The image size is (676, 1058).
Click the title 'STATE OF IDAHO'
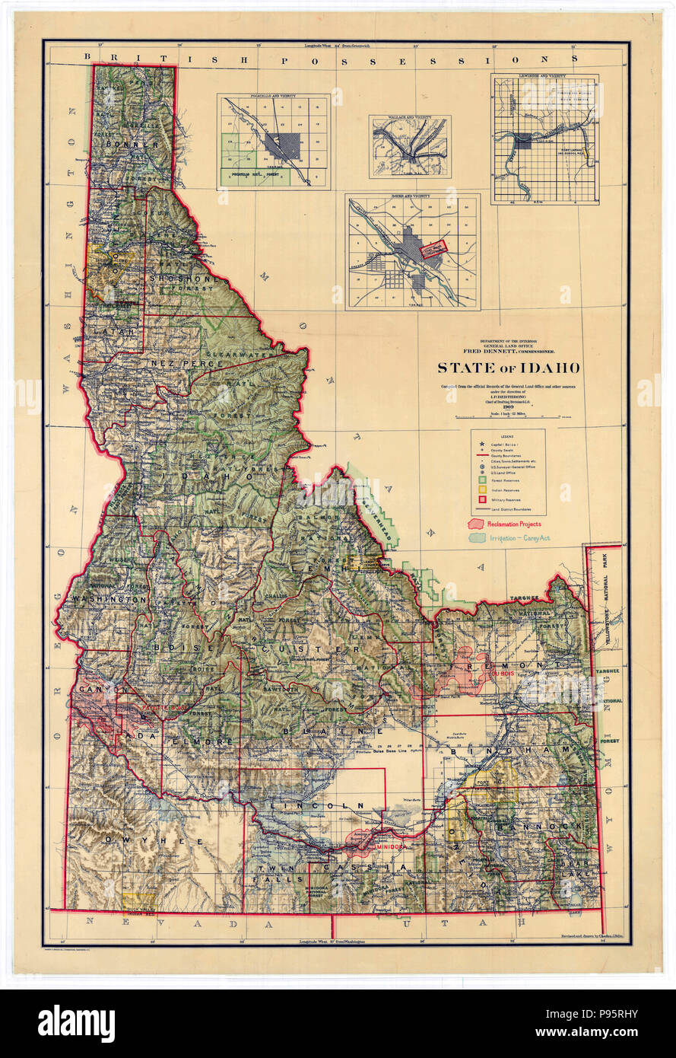[507, 368]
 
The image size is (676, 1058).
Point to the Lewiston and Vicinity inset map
[543, 140]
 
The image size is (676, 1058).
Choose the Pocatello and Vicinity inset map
[274, 142]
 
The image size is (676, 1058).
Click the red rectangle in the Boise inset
[433, 249]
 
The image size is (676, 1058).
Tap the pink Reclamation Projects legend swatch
[479, 524]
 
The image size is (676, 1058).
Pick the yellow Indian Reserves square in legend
[481, 489]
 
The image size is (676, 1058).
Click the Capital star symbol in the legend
[481, 444]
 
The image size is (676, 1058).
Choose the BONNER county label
[133, 145]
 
